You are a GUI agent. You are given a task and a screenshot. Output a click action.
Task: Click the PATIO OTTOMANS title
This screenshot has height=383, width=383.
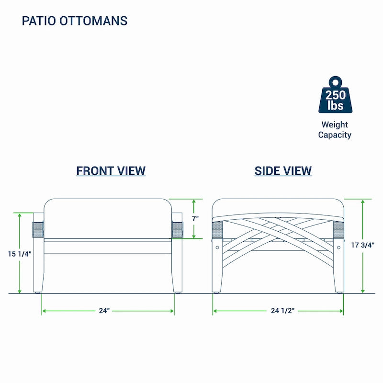[x=75, y=21]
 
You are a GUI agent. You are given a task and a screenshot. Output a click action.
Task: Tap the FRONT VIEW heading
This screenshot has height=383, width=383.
[x=111, y=171]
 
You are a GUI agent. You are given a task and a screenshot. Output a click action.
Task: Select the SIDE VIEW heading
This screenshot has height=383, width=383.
[x=283, y=171]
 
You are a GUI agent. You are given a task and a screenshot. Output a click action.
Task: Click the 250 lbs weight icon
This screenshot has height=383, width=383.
[x=336, y=95]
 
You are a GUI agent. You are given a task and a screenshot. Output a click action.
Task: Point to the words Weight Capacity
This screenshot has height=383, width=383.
[x=335, y=130]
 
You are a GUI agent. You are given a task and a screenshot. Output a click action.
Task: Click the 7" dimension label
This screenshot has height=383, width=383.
[x=195, y=218]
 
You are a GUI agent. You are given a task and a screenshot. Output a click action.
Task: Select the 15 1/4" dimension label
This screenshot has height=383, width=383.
[x=20, y=254]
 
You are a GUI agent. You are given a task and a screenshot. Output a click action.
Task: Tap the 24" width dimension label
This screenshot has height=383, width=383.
[x=104, y=310]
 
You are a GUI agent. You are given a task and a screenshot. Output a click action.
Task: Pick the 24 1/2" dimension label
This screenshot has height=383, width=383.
[x=282, y=310]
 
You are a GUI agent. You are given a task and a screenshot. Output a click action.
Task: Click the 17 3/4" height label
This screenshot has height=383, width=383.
[x=363, y=245]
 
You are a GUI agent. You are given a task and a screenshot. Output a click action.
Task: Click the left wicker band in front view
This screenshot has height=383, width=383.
[x=38, y=230]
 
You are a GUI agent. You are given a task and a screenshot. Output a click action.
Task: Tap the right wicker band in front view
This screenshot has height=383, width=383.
[x=177, y=230]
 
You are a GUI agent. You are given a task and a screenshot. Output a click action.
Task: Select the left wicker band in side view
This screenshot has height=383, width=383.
[x=217, y=230]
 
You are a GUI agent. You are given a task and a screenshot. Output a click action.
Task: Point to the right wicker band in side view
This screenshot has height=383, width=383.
[x=339, y=230]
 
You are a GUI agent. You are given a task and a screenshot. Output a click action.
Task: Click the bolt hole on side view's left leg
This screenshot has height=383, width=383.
[x=217, y=248]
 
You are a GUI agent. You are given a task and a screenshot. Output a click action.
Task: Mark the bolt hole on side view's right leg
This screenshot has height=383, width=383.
[x=338, y=248]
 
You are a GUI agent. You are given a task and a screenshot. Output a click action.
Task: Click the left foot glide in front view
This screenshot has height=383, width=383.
[x=38, y=293]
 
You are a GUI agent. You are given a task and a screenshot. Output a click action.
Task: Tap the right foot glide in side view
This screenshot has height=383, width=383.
[x=339, y=293]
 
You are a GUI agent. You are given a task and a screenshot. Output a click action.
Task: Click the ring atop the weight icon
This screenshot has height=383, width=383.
[x=336, y=82]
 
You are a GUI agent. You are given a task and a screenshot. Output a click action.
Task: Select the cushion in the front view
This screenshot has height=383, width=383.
[x=108, y=219]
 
